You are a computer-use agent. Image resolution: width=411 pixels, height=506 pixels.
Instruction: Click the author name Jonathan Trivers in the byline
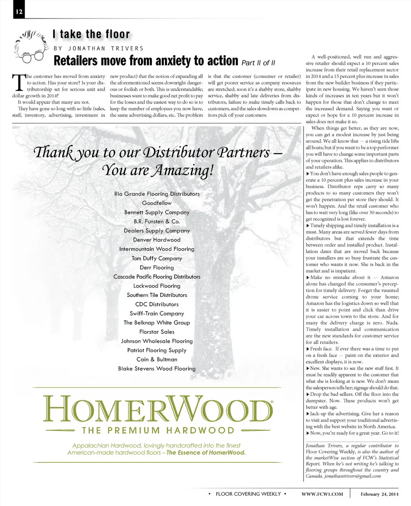[98, 48]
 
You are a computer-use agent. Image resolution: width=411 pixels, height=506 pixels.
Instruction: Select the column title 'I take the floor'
[91, 34]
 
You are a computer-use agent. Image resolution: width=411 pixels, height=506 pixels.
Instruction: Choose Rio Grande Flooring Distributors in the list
[157, 194]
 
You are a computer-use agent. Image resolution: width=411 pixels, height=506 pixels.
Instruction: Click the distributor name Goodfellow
[157, 203]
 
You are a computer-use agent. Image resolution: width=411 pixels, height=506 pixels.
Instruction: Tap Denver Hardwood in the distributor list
[157, 240]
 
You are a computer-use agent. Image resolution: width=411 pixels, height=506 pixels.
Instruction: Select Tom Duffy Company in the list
[157, 258]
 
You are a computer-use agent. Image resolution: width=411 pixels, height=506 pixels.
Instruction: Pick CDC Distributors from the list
[157, 304]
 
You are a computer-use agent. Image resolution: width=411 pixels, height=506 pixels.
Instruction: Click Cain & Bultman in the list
[157, 359]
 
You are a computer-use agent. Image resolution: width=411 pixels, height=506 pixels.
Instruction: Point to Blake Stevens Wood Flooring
[157, 369]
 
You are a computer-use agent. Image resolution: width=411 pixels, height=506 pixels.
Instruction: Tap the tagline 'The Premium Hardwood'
[158, 430]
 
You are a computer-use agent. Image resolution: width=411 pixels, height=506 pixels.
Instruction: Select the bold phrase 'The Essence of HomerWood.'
[206, 453]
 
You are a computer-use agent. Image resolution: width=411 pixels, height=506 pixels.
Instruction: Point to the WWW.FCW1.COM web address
[322, 494]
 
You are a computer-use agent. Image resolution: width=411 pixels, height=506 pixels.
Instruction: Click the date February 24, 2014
[379, 494]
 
